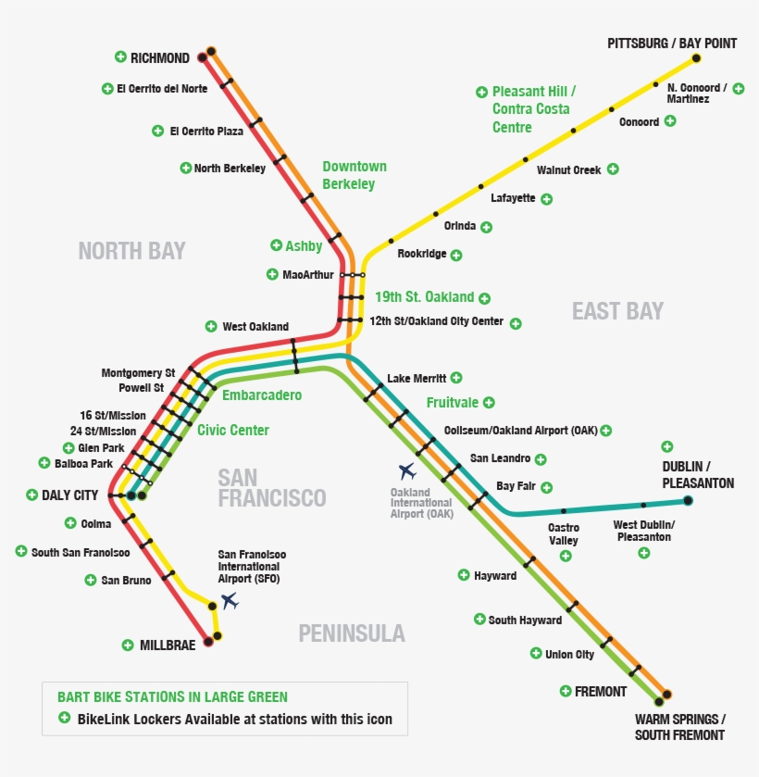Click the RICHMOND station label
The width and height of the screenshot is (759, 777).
[x=159, y=57]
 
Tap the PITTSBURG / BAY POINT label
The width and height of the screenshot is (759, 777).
[x=672, y=44]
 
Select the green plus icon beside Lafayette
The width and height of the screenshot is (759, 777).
[x=547, y=198]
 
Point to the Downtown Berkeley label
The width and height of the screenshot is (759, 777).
[x=354, y=175]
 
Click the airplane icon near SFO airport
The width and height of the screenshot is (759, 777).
[x=230, y=601]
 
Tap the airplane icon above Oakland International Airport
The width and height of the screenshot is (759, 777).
[x=407, y=471]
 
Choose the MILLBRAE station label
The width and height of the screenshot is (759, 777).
[x=168, y=645]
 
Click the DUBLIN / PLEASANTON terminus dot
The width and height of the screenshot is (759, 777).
[x=688, y=501]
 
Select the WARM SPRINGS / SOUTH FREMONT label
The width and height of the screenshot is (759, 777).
[x=680, y=727]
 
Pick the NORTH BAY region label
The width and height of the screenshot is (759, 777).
[x=131, y=251]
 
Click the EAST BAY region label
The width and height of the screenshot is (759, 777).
[x=617, y=311]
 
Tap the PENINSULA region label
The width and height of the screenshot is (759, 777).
[x=352, y=633]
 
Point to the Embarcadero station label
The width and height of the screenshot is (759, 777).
[x=262, y=395]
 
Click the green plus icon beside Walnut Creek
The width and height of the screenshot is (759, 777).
[x=613, y=169]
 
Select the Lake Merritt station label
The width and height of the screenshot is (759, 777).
[x=417, y=378]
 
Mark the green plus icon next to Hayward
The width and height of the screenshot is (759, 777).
[x=464, y=575]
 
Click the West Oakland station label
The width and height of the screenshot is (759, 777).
[x=255, y=327]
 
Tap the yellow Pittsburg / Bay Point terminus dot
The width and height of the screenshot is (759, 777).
[x=696, y=58]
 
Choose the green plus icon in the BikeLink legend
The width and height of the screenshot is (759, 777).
[x=64, y=718]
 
